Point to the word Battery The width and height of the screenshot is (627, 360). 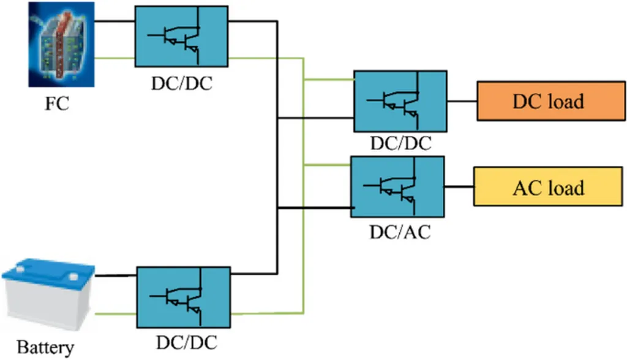pyautogui.click(x=45, y=348)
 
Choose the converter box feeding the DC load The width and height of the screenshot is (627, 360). pyautogui.click(x=400, y=102)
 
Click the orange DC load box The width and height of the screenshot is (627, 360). pyautogui.click(x=547, y=101)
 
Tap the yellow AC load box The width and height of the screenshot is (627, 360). pyautogui.click(x=547, y=187)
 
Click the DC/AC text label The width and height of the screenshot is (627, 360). pyautogui.click(x=400, y=233)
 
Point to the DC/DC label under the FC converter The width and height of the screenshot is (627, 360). pyautogui.click(x=182, y=84)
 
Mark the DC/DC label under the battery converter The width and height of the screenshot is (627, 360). pyautogui.click(x=186, y=340)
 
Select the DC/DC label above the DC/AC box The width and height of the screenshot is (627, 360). pyautogui.click(x=401, y=144)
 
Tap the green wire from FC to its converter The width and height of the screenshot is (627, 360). pyautogui.click(x=115, y=59)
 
